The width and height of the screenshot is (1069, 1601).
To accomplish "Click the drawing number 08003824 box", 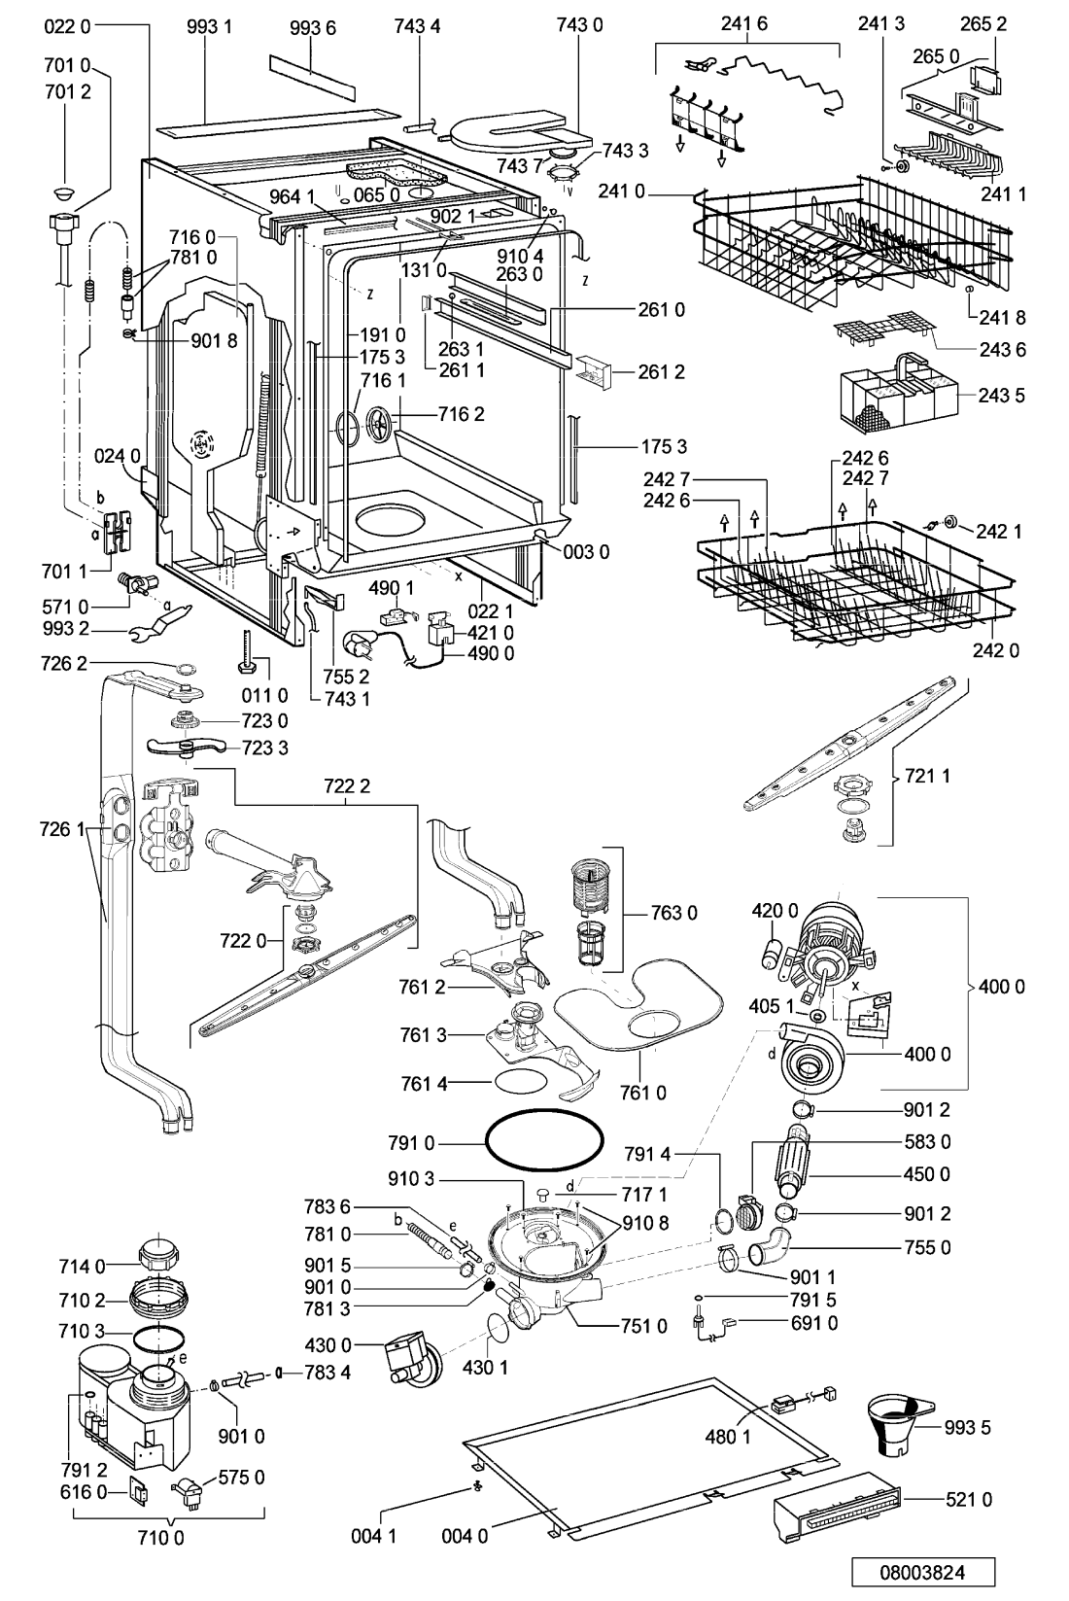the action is (922, 1573).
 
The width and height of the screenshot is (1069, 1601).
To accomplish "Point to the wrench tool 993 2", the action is (163, 620).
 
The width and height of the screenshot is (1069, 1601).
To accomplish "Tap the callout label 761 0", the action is (643, 1092).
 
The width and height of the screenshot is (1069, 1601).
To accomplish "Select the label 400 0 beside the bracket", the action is (1001, 987).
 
